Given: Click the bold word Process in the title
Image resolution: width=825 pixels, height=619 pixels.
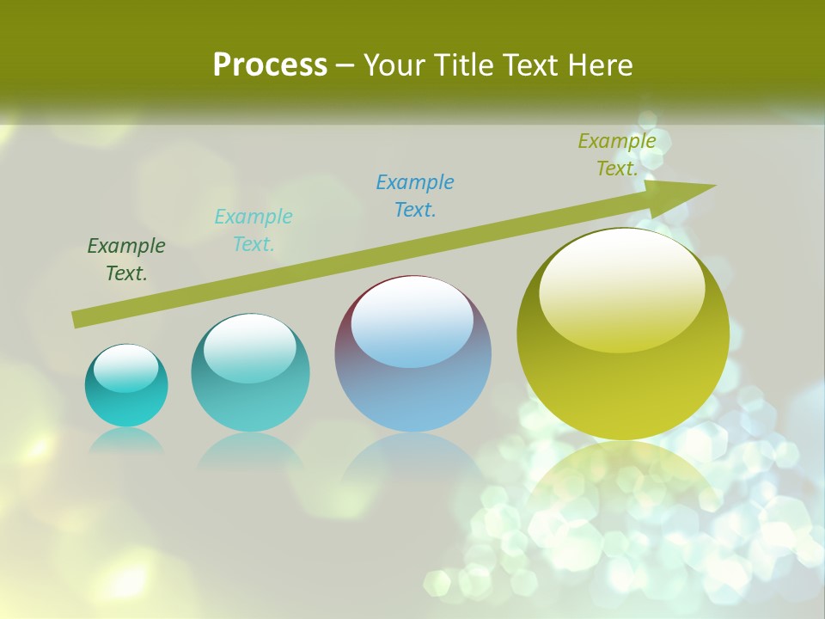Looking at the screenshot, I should click(270, 65).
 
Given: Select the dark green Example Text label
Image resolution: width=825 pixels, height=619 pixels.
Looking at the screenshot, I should click(126, 259).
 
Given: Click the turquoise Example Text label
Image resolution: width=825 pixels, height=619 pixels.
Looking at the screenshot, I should click(254, 230).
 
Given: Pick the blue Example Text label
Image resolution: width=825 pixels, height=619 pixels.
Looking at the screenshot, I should click(415, 195).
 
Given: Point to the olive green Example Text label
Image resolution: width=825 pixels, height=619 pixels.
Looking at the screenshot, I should click(617, 155).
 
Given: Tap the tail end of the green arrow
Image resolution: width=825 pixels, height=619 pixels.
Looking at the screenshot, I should click(79, 319).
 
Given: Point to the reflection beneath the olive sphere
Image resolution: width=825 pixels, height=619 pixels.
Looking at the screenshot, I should click(623, 481).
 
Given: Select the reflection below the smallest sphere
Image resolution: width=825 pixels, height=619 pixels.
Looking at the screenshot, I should click(126, 440).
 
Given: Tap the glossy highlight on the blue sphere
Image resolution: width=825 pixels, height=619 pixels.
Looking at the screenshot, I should click(412, 321).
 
